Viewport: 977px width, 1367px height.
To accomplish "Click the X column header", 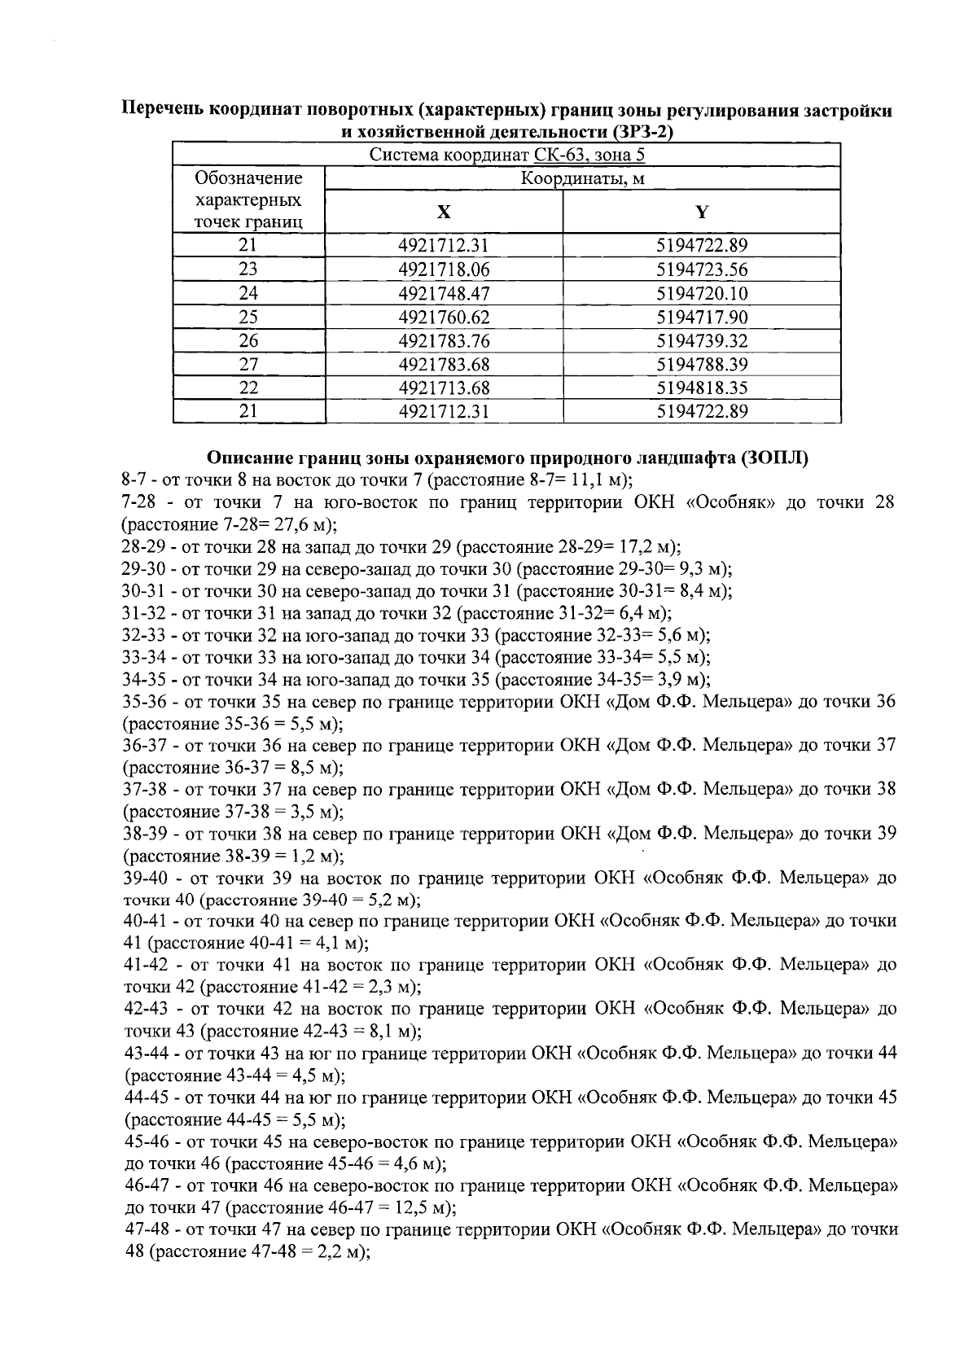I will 443,212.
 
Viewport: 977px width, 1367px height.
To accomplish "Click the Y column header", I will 701,212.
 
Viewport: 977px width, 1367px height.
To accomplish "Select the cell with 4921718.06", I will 444,269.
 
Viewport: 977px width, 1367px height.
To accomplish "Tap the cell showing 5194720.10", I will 702,293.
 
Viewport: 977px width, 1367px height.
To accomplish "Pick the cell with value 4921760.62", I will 444,317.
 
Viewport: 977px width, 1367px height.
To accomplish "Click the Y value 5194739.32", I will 702,340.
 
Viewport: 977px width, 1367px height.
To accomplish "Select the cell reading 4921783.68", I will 444,364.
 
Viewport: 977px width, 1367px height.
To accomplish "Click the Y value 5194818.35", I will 702,388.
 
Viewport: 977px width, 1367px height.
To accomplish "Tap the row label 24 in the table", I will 248,293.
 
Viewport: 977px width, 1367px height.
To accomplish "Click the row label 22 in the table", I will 248,388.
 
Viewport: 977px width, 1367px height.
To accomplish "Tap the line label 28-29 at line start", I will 140,546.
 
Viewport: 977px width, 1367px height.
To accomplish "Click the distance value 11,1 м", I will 597,480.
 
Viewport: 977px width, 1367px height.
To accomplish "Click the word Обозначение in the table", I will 248,178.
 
